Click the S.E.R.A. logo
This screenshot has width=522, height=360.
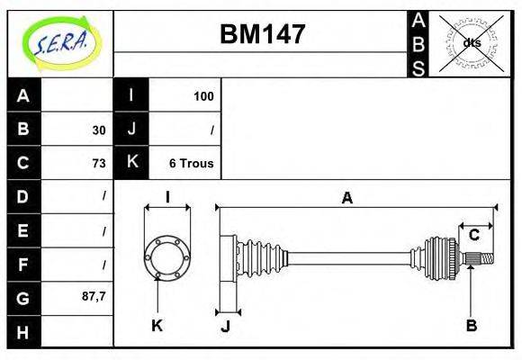(x=59, y=42)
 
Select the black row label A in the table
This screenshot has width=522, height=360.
(x=23, y=95)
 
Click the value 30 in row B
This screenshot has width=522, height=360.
(x=98, y=130)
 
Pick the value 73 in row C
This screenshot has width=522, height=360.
(x=98, y=163)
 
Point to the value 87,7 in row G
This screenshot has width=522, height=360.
(x=93, y=296)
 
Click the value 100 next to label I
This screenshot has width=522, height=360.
(x=203, y=95)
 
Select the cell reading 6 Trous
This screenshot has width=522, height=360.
(x=191, y=163)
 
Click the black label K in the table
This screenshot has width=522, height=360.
(x=131, y=163)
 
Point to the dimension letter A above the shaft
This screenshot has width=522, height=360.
(x=346, y=199)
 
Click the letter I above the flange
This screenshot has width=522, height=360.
(x=167, y=198)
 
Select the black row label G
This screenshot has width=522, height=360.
(x=23, y=297)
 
